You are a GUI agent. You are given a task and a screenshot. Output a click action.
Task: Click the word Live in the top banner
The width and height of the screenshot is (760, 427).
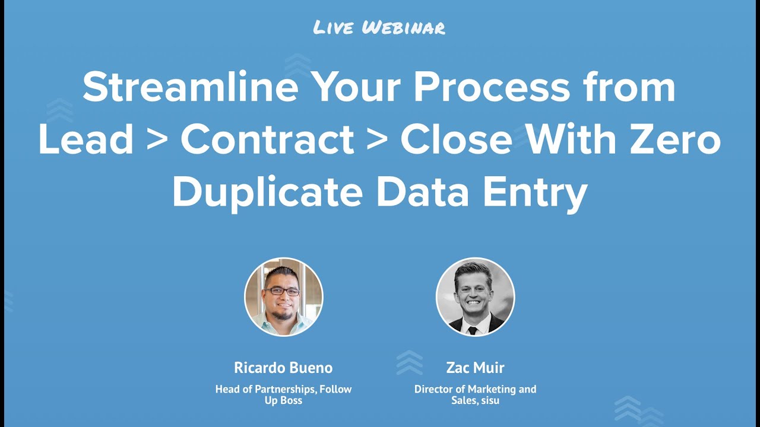(x=334, y=27)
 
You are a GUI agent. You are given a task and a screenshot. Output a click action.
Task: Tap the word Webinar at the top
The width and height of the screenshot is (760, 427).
(x=403, y=27)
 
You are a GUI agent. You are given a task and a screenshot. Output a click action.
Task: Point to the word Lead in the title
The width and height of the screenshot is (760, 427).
(x=85, y=141)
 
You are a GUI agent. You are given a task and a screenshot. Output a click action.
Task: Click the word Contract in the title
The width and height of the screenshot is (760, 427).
(x=267, y=141)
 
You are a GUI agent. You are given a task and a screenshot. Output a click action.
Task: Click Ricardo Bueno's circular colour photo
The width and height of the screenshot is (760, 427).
(x=284, y=297)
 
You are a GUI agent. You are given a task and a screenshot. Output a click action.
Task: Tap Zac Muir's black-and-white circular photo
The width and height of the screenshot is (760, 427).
(x=475, y=297)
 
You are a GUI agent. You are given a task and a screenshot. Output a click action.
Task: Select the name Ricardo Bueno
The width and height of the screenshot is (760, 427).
(x=283, y=368)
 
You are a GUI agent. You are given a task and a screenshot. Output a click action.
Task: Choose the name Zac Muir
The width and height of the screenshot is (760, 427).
(x=475, y=368)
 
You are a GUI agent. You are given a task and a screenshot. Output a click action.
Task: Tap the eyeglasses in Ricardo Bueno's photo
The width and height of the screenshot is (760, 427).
(x=283, y=291)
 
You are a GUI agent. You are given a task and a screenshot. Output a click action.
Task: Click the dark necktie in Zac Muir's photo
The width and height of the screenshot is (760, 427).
(x=473, y=330)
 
